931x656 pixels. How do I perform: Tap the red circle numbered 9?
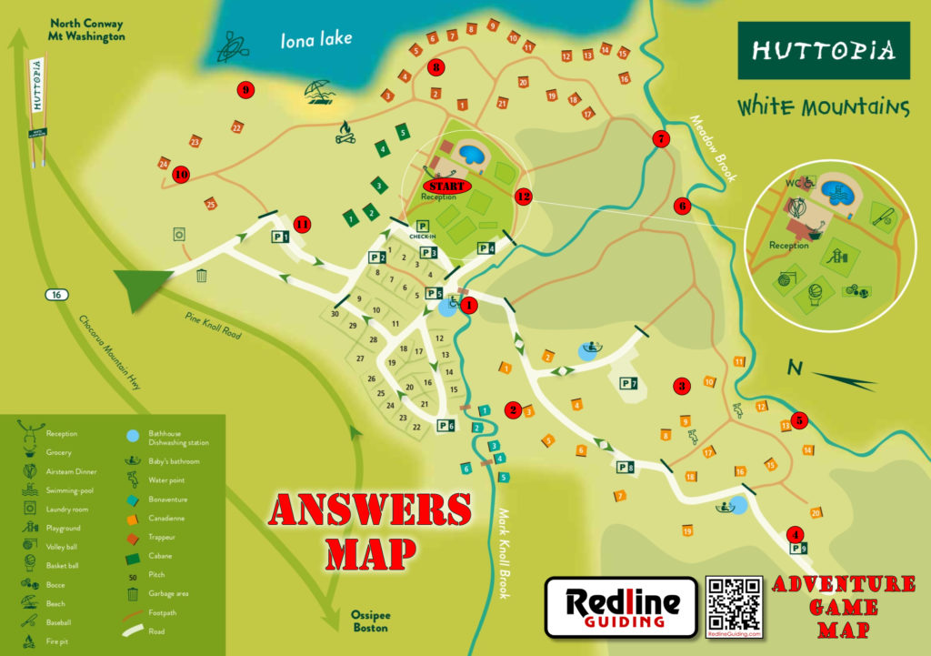click(x=245, y=89)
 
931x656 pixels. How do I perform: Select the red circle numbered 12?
click(x=522, y=195)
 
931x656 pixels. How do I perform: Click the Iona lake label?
click(x=315, y=39)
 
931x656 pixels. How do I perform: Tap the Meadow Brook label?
click(x=710, y=146)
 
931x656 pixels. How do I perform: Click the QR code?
click(x=733, y=604)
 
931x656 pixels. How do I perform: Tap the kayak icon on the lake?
click(x=231, y=47)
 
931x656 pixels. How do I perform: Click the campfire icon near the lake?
click(x=345, y=133)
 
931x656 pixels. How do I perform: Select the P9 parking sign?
click(x=799, y=549)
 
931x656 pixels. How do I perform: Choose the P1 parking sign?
click(x=280, y=237)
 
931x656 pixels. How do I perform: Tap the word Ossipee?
click(x=370, y=615)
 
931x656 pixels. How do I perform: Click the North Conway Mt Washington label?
click(x=87, y=30)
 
